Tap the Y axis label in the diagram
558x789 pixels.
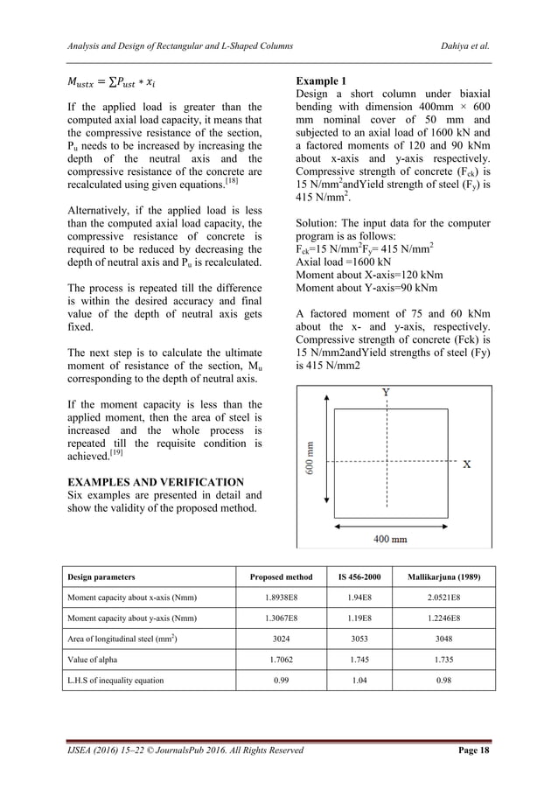[386, 393]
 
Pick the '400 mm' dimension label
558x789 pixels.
[390, 539]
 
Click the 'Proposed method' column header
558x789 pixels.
[280, 577]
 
